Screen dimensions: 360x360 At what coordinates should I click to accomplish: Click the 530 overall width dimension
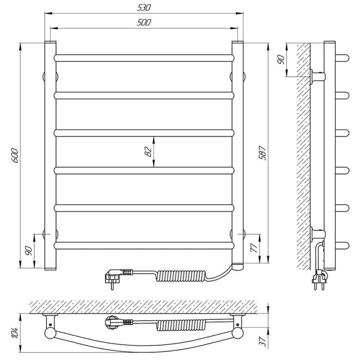click(x=144, y=7)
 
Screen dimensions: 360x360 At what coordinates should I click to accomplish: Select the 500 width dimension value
click(x=144, y=22)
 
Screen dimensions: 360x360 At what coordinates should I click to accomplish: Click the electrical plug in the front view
click(x=114, y=278)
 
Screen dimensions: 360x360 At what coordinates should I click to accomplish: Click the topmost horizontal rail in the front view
click(x=144, y=58)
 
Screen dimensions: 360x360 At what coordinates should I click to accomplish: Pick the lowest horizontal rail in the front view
click(x=144, y=246)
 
